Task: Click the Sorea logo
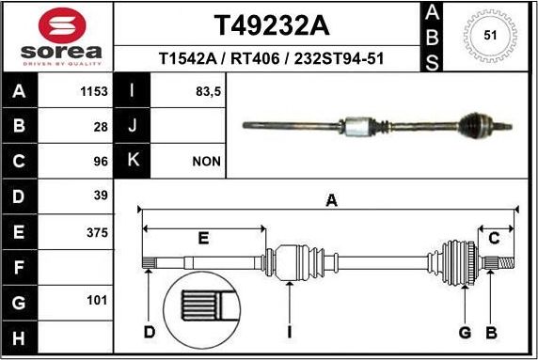point(56,38)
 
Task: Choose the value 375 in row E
point(98,232)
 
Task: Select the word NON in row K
point(206,162)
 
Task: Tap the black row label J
point(133,126)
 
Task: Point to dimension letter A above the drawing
point(330,199)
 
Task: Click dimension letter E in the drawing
point(202,239)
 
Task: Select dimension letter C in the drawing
point(493,239)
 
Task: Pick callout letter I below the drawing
point(290,331)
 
